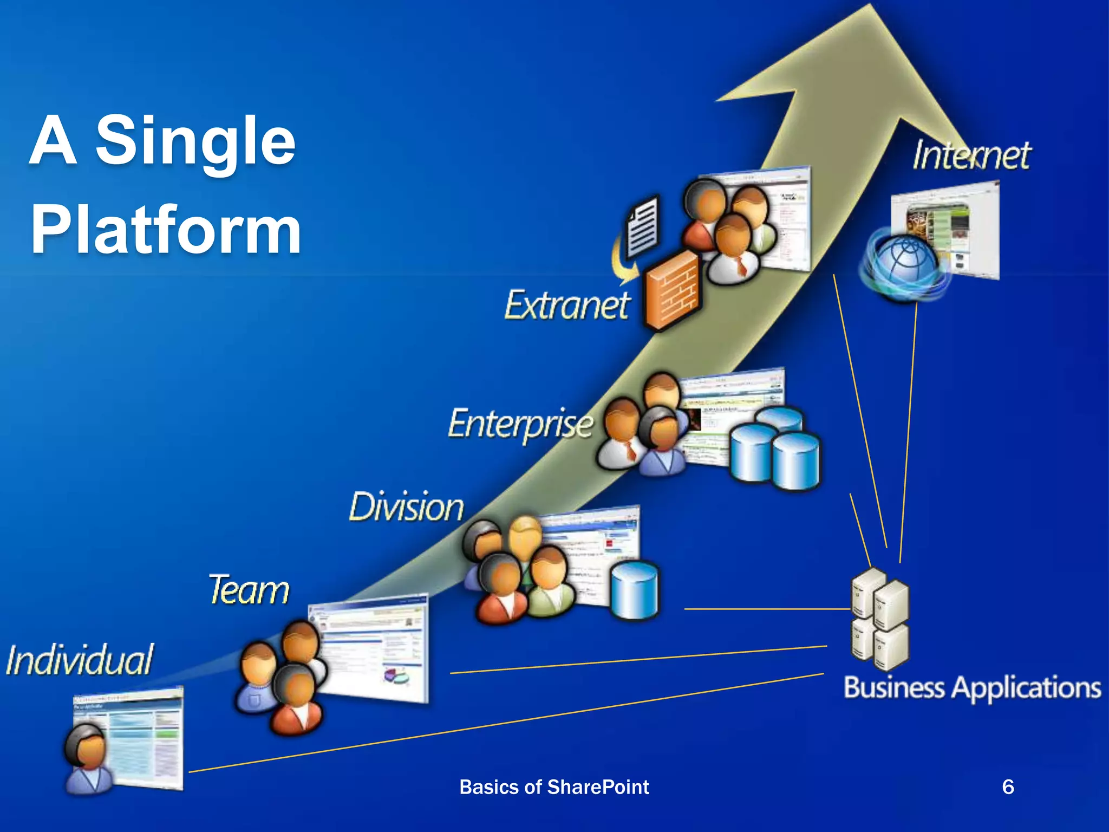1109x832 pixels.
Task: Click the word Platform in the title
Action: pos(165,230)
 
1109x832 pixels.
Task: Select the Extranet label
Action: pos(567,304)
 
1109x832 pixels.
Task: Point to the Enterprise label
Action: pos(520,424)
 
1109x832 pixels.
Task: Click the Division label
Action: pos(406,508)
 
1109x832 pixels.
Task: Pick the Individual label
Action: pos(80,660)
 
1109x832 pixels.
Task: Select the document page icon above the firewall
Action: pos(643,227)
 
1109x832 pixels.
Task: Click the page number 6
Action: pos(1008,786)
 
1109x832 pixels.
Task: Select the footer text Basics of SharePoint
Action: pos(554,787)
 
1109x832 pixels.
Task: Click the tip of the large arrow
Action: pos(871,8)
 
